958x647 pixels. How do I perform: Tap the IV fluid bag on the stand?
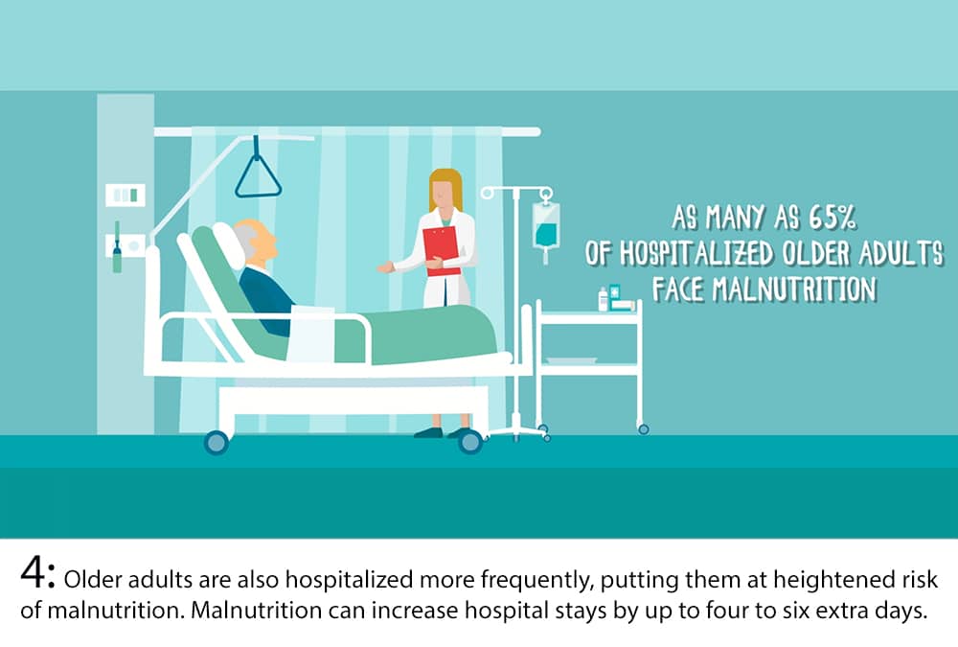click(x=546, y=226)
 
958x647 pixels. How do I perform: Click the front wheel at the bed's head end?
click(x=216, y=442)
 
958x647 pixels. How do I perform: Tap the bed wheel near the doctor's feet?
click(x=469, y=441)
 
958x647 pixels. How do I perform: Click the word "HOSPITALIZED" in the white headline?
click(x=696, y=253)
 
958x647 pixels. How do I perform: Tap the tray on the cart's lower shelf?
click(x=571, y=360)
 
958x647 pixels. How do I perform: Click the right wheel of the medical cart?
click(x=643, y=429)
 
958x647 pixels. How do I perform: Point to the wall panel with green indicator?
click(x=125, y=196)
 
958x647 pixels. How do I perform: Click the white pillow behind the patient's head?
click(x=229, y=245)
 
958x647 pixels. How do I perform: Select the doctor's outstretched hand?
click(x=385, y=267)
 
